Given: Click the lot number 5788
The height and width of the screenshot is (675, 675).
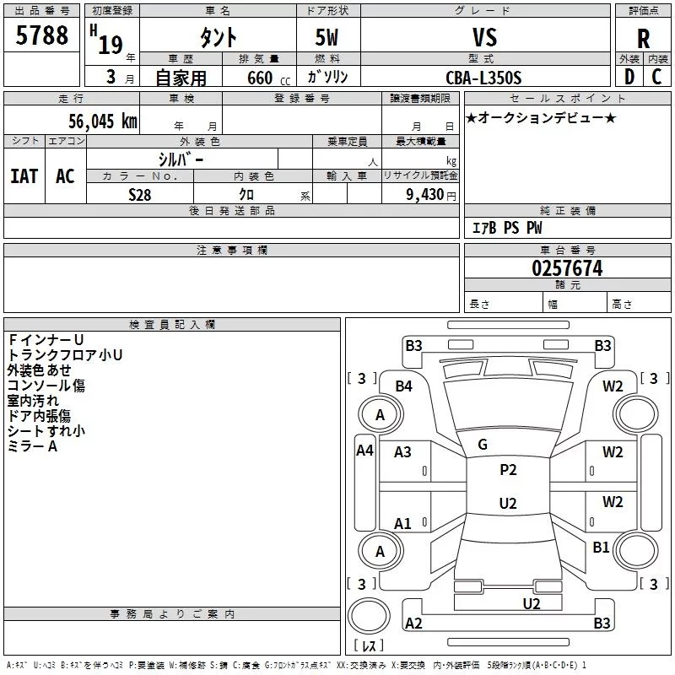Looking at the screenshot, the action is pos(41,35).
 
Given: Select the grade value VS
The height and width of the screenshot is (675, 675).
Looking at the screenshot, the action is pos(484,37).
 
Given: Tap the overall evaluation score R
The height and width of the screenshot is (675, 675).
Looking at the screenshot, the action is pos(643,39).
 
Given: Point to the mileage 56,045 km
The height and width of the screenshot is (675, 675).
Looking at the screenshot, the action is pos(103,121).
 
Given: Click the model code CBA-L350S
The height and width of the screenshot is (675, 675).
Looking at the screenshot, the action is pos(483,78).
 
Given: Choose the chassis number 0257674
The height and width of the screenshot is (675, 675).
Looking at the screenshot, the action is pos(567,268).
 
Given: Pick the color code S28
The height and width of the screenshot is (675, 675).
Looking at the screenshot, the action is pos(140,195).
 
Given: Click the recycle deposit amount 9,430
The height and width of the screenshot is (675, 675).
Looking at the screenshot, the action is pos(424,195).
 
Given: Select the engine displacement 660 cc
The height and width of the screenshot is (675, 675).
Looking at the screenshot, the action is pos(268,78).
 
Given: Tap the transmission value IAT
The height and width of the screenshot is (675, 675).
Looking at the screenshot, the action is pos(24,176).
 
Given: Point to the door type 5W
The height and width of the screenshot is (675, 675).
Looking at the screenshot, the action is pos(327,37).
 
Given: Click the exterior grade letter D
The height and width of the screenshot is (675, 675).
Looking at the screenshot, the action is pos(629,77).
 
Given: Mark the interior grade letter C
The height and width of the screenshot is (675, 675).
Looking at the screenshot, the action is pos(656,77).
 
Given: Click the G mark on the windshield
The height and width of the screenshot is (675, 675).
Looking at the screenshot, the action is pos(483,445).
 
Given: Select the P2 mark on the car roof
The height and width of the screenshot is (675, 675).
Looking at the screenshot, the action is pos(508,470).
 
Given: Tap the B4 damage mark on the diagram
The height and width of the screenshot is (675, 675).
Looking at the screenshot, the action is pos(403,386).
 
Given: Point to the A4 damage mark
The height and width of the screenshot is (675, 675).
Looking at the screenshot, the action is pos(364,451).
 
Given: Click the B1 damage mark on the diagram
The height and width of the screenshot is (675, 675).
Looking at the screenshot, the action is pos(601,547).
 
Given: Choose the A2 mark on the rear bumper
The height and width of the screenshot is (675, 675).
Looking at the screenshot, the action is pos(413,623).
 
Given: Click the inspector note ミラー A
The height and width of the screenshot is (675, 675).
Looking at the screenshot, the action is pos(32,446).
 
